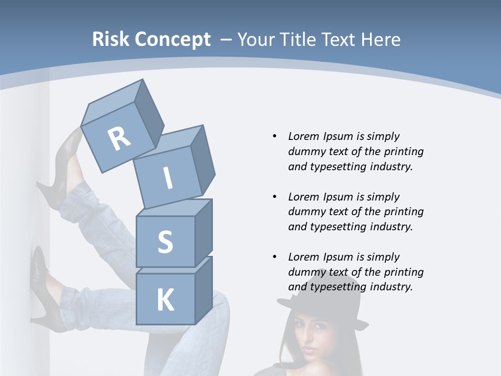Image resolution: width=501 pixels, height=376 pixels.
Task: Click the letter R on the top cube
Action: coord(119,139)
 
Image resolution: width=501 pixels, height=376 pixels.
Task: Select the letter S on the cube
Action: coord(165,242)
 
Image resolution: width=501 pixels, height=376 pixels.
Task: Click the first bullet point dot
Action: coord(275,137)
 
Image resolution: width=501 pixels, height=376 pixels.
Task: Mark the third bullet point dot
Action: coord(275,257)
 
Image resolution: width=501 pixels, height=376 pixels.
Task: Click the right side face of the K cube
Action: coord(204,290)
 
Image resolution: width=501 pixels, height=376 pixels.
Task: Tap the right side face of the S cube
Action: coord(204,232)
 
